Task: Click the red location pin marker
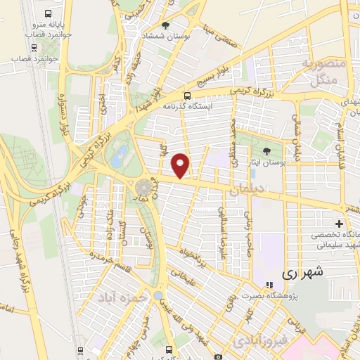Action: pyautogui.click(x=181, y=165)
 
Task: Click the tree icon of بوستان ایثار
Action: pyautogui.click(x=266, y=151)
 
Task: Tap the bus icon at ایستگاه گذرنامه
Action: pyautogui.click(x=187, y=96)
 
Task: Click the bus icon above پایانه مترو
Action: pyautogui.click(x=47, y=13)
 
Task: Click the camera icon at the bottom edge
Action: pyautogui.click(x=218, y=356)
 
